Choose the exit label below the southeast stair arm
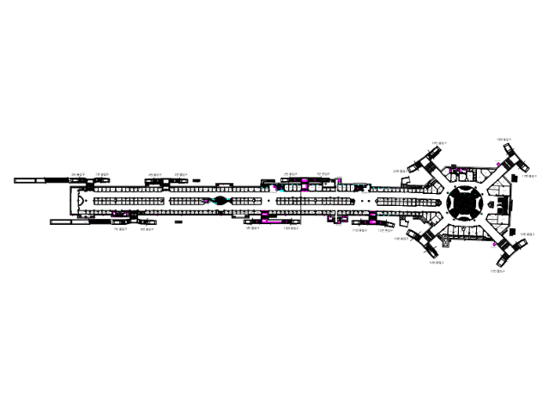pyautogui.click(x=496, y=271)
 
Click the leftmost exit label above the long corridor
pyautogui.click(x=78, y=174)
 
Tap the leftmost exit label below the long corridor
pyautogui.click(x=120, y=229)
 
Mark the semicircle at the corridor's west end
pyautogui.click(x=81, y=202)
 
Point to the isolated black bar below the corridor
pyautogui.click(x=178, y=221)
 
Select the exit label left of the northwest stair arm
pyautogui.click(x=398, y=171)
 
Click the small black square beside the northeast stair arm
pyautogui.click(x=514, y=176)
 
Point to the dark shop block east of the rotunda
pyautogui.click(x=505, y=204)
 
